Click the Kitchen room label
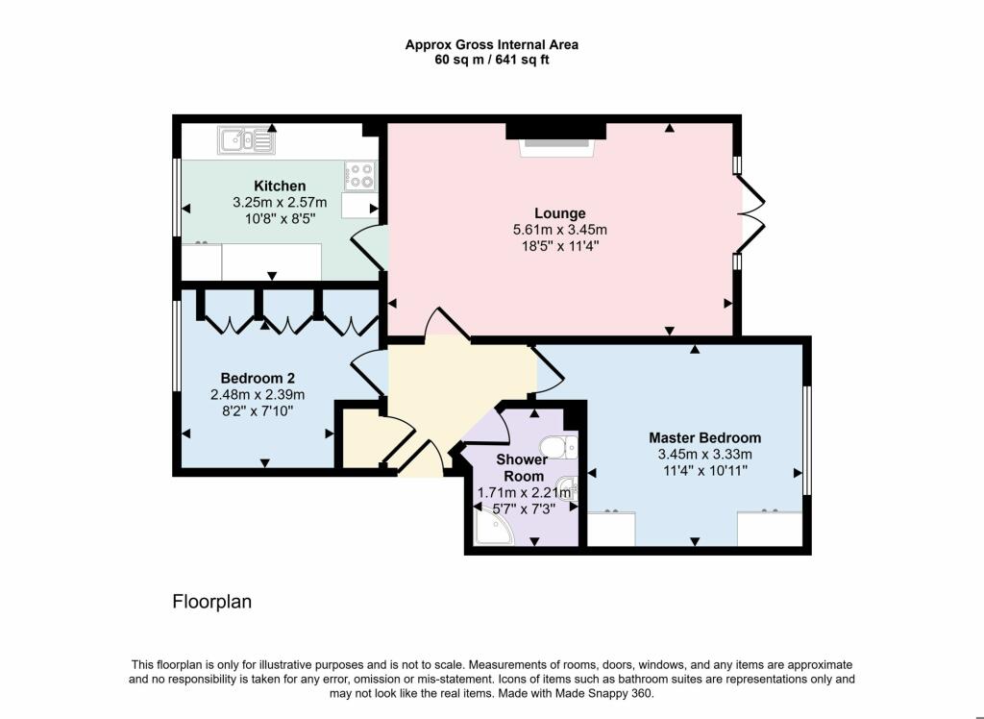pos(280,186)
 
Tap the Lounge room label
pos(560,212)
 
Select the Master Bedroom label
pos(704,437)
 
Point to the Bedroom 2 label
pos(251,377)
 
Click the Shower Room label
pos(522,467)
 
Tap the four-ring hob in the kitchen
pos(360,175)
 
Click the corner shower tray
pos(493,527)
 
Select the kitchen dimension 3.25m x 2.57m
pos(280,202)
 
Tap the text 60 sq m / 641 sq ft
pos(491,60)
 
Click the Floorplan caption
pos(211,603)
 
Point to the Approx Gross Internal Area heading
pos(491,44)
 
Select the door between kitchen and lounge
pos(368,248)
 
